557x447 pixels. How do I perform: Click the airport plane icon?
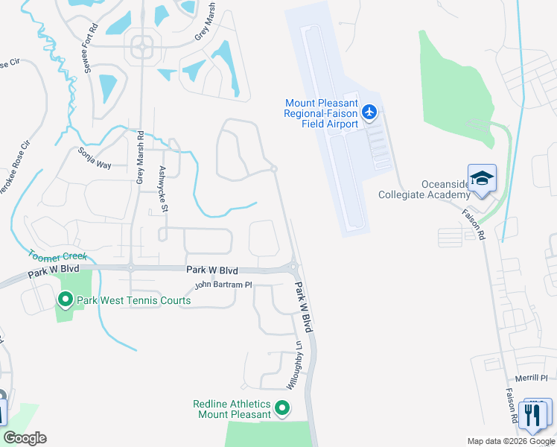pyautogui.click(x=370, y=112)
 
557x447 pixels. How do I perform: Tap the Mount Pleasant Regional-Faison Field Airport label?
pyautogui.click(x=321, y=113)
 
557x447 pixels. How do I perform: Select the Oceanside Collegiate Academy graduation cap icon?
pyautogui.click(x=482, y=178)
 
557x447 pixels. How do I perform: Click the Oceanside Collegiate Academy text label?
pyautogui.click(x=435, y=190)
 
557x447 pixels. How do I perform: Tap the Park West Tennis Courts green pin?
pyautogui.click(x=65, y=300)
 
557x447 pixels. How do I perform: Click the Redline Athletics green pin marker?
pyautogui.click(x=282, y=408)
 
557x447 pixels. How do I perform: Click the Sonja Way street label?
pyautogui.click(x=95, y=157)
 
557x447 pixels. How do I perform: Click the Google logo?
pyautogui.click(x=25, y=438)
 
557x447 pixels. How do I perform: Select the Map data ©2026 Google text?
pyautogui.click(x=510, y=441)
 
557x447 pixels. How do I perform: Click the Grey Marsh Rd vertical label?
pyautogui.click(x=139, y=158)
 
